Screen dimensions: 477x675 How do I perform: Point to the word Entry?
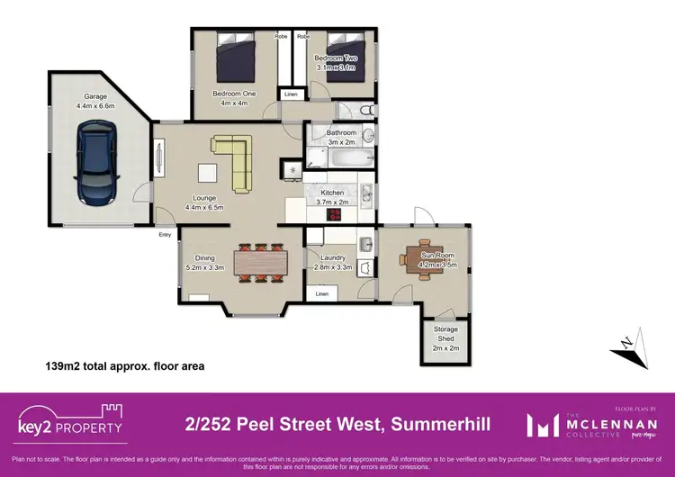tap(165, 235)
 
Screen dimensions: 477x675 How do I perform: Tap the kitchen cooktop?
tap(292, 170)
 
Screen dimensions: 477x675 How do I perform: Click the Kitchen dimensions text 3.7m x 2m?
tap(333, 202)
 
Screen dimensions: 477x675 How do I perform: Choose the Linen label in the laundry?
tap(321, 294)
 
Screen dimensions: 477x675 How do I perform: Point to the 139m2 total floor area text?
tap(125, 366)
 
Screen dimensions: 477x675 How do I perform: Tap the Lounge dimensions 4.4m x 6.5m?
tap(204, 207)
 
